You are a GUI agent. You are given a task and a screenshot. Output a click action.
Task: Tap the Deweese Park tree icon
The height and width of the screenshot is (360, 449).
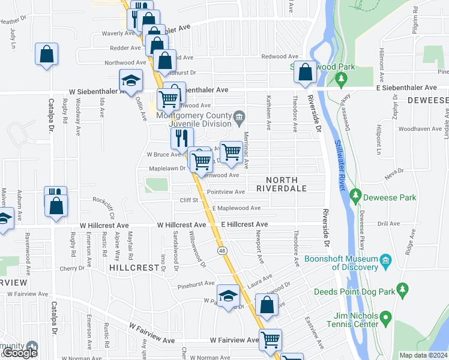tap(355, 196)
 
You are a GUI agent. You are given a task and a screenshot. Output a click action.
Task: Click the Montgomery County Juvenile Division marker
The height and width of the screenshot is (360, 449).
tap(240, 116)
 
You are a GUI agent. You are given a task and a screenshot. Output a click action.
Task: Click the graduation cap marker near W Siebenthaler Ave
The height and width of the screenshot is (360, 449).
tap(130, 80)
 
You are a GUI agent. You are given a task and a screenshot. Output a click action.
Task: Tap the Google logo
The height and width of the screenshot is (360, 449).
tap(20, 353)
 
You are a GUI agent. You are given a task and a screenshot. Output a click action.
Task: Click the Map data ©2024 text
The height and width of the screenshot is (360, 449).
tap(423, 355)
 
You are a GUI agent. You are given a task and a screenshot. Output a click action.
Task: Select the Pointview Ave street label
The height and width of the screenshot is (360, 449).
tap(226, 192)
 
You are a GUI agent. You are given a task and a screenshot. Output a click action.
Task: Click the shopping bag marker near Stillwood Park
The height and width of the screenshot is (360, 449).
tap(305, 71)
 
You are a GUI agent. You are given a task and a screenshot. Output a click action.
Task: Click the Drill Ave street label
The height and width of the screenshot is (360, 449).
tap(388, 224)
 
